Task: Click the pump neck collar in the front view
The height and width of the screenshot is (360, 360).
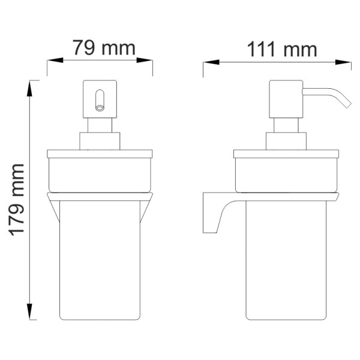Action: [100, 141]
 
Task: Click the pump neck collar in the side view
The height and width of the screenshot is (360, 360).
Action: [286, 141]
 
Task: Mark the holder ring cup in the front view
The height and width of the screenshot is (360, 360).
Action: [100, 174]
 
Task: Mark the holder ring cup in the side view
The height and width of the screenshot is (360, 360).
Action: [286, 174]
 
